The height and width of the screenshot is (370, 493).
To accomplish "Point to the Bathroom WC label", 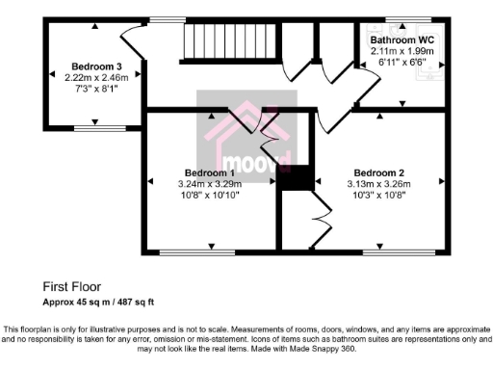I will coord(402,40).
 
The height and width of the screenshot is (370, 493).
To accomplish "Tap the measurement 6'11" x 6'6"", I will coord(402,62).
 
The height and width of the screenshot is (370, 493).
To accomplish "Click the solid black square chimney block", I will coord(298,179).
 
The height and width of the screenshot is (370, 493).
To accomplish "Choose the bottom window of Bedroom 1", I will coord(196,253).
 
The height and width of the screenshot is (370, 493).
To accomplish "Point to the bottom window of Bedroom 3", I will coord(93,126).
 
